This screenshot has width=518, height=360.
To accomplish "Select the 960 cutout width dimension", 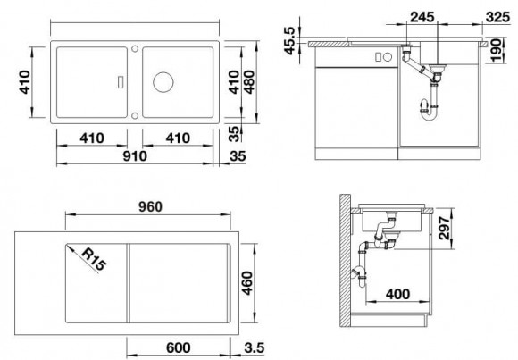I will tap(148, 207).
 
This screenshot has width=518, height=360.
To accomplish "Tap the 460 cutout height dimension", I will tap(254, 286).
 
